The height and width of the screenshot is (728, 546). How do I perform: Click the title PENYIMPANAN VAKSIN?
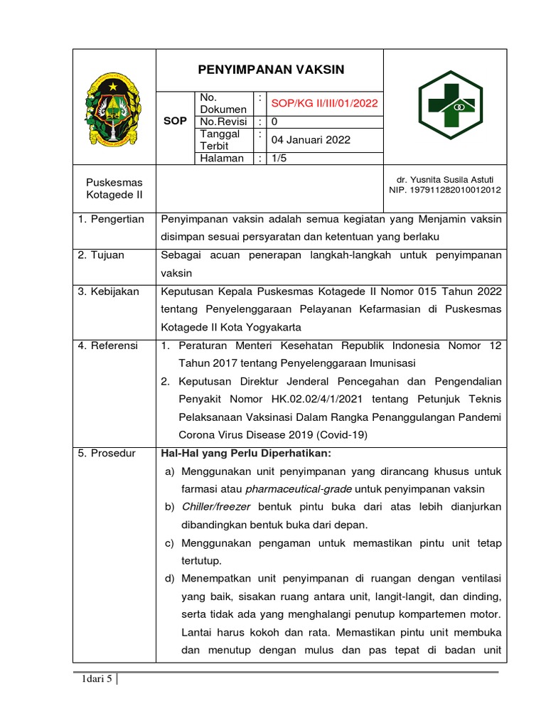[270, 70]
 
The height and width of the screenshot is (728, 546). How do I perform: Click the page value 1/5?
[279, 159]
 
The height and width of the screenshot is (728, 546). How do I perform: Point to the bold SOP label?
[175, 122]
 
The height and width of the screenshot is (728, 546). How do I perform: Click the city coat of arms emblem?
[114, 107]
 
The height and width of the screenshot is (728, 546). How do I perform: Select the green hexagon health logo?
[449, 107]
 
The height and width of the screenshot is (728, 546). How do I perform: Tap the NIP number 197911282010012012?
[445, 190]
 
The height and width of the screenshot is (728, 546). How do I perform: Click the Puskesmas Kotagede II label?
[114, 188]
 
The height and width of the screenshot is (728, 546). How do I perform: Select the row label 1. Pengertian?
[110, 219]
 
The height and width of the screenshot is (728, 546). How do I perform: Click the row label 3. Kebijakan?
[108, 291]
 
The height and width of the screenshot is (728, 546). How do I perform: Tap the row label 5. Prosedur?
[106, 454]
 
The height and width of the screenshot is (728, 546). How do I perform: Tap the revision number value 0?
[275, 122]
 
